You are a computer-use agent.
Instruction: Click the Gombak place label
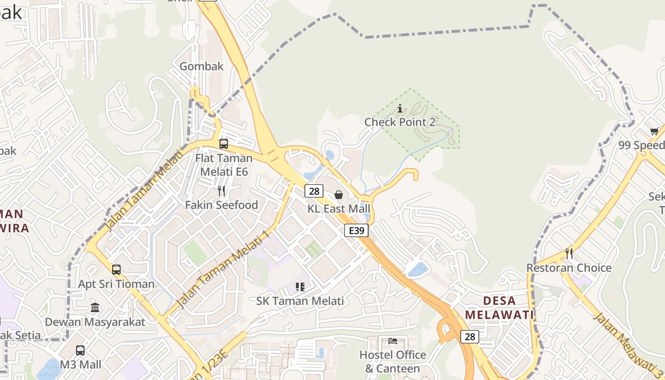click(201, 66)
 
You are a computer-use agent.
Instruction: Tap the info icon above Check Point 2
click(400, 108)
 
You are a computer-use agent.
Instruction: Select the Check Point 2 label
click(399, 122)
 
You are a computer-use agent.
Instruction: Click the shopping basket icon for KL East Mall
click(339, 195)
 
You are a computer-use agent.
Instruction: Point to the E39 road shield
click(356, 231)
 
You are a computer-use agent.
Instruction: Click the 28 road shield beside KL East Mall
click(314, 191)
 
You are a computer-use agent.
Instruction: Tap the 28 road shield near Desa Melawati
click(469, 337)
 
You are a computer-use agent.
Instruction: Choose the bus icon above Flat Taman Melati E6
click(223, 143)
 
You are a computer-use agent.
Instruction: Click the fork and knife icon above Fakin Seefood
click(221, 191)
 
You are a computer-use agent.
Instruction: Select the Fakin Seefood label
click(221, 205)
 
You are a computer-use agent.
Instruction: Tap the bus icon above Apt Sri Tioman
click(116, 270)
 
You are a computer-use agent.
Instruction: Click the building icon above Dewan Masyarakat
click(95, 308)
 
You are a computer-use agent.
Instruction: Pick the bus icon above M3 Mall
click(80, 351)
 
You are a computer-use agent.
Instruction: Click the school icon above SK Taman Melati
click(300, 286)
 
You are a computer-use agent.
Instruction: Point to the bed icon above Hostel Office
click(393, 341)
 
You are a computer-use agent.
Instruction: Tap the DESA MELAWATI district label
click(499, 307)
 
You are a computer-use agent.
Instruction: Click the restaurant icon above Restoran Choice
click(569, 253)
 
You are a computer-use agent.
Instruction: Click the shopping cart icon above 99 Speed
click(654, 132)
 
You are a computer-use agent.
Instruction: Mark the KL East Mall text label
click(339, 209)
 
